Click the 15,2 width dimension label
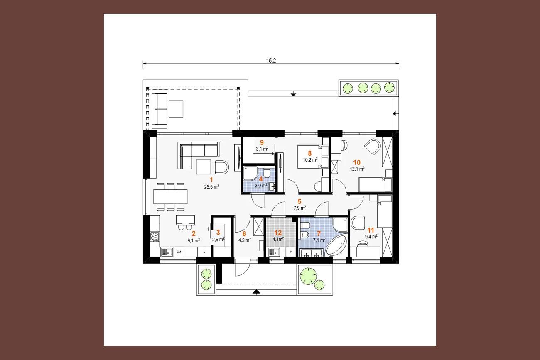point(271,61)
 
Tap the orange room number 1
point(211,180)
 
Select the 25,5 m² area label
point(211,186)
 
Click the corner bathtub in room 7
point(336,246)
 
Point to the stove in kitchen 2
point(155,236)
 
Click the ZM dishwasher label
point(179,252)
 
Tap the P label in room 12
point(291,252)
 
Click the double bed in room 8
point(310,157)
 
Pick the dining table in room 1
point(170,197)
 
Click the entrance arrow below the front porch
point(257,292)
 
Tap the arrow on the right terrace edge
point(395,113)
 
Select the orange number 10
point(357,162)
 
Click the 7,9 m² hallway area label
point(300,208)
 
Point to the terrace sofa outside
point(160,109)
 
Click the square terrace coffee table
point(176,109)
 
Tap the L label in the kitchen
point(204,252)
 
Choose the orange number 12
point(278,233)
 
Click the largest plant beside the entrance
point(308,276)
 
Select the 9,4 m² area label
point(371,236)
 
